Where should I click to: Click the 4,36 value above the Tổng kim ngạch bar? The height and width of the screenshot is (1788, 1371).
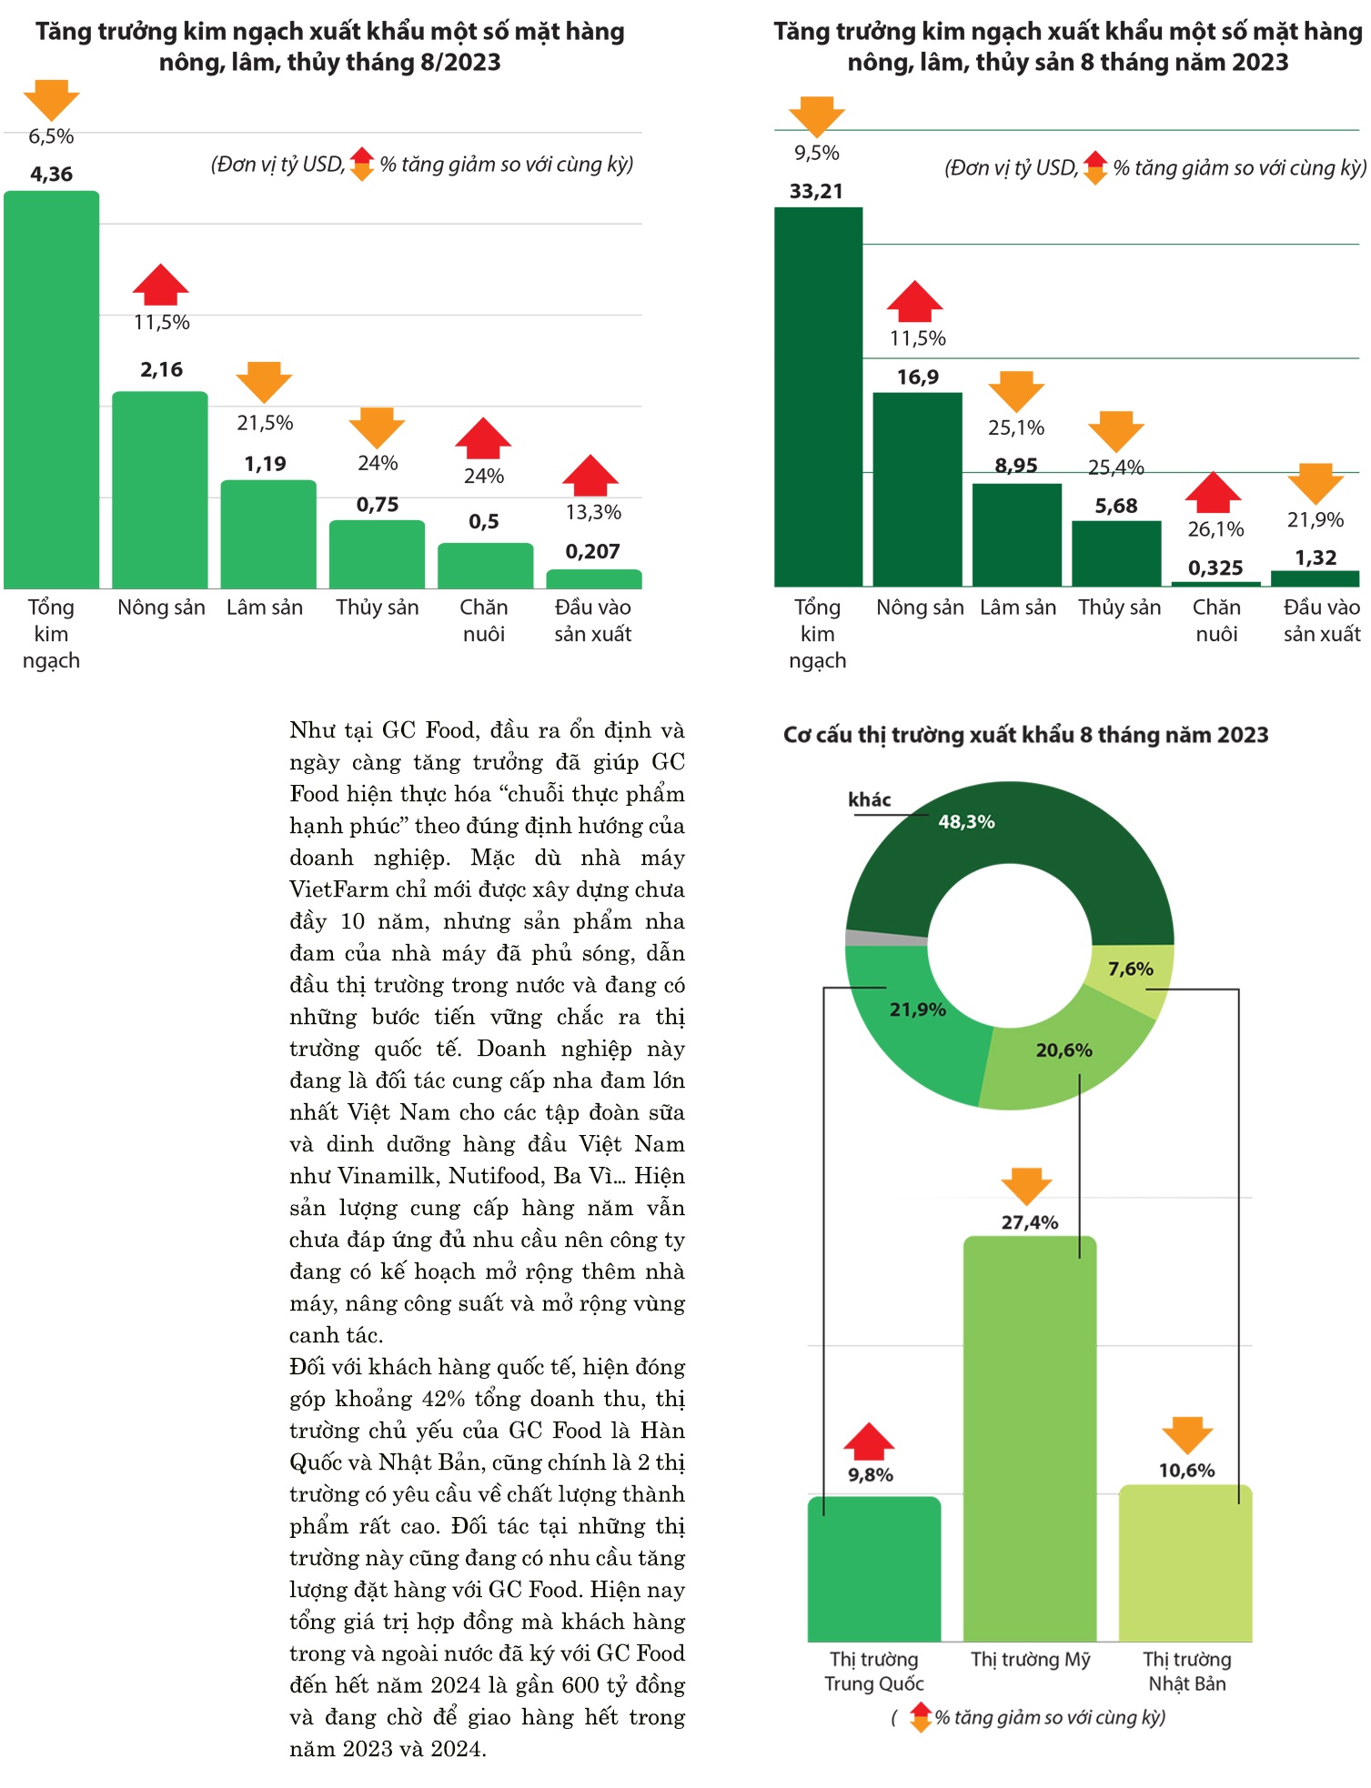[51, 174]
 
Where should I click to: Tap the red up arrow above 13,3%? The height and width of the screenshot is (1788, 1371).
[590, 475]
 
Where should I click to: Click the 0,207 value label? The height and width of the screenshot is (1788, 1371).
[592, 551]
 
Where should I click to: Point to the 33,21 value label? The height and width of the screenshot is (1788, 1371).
[816, 191]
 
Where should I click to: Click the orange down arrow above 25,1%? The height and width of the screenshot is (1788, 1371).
[1016, 390]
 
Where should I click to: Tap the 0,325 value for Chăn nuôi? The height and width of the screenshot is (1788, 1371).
[1215, 568]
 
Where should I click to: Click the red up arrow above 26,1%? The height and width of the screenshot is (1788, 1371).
[1214, 492]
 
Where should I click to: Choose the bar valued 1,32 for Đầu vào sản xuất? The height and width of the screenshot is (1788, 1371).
[1315, 578]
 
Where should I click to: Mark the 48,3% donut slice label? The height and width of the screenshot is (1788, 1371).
[966, 822]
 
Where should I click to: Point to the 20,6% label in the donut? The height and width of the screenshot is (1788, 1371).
[1064, 1050]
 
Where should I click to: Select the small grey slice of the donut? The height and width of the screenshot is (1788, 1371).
[886, 938]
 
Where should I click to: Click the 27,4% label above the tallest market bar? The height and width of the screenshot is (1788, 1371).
[1029, 1222]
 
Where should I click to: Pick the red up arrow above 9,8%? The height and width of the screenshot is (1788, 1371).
[869, 1441]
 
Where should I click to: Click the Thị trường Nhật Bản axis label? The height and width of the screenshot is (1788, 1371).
[1186, 1671]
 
